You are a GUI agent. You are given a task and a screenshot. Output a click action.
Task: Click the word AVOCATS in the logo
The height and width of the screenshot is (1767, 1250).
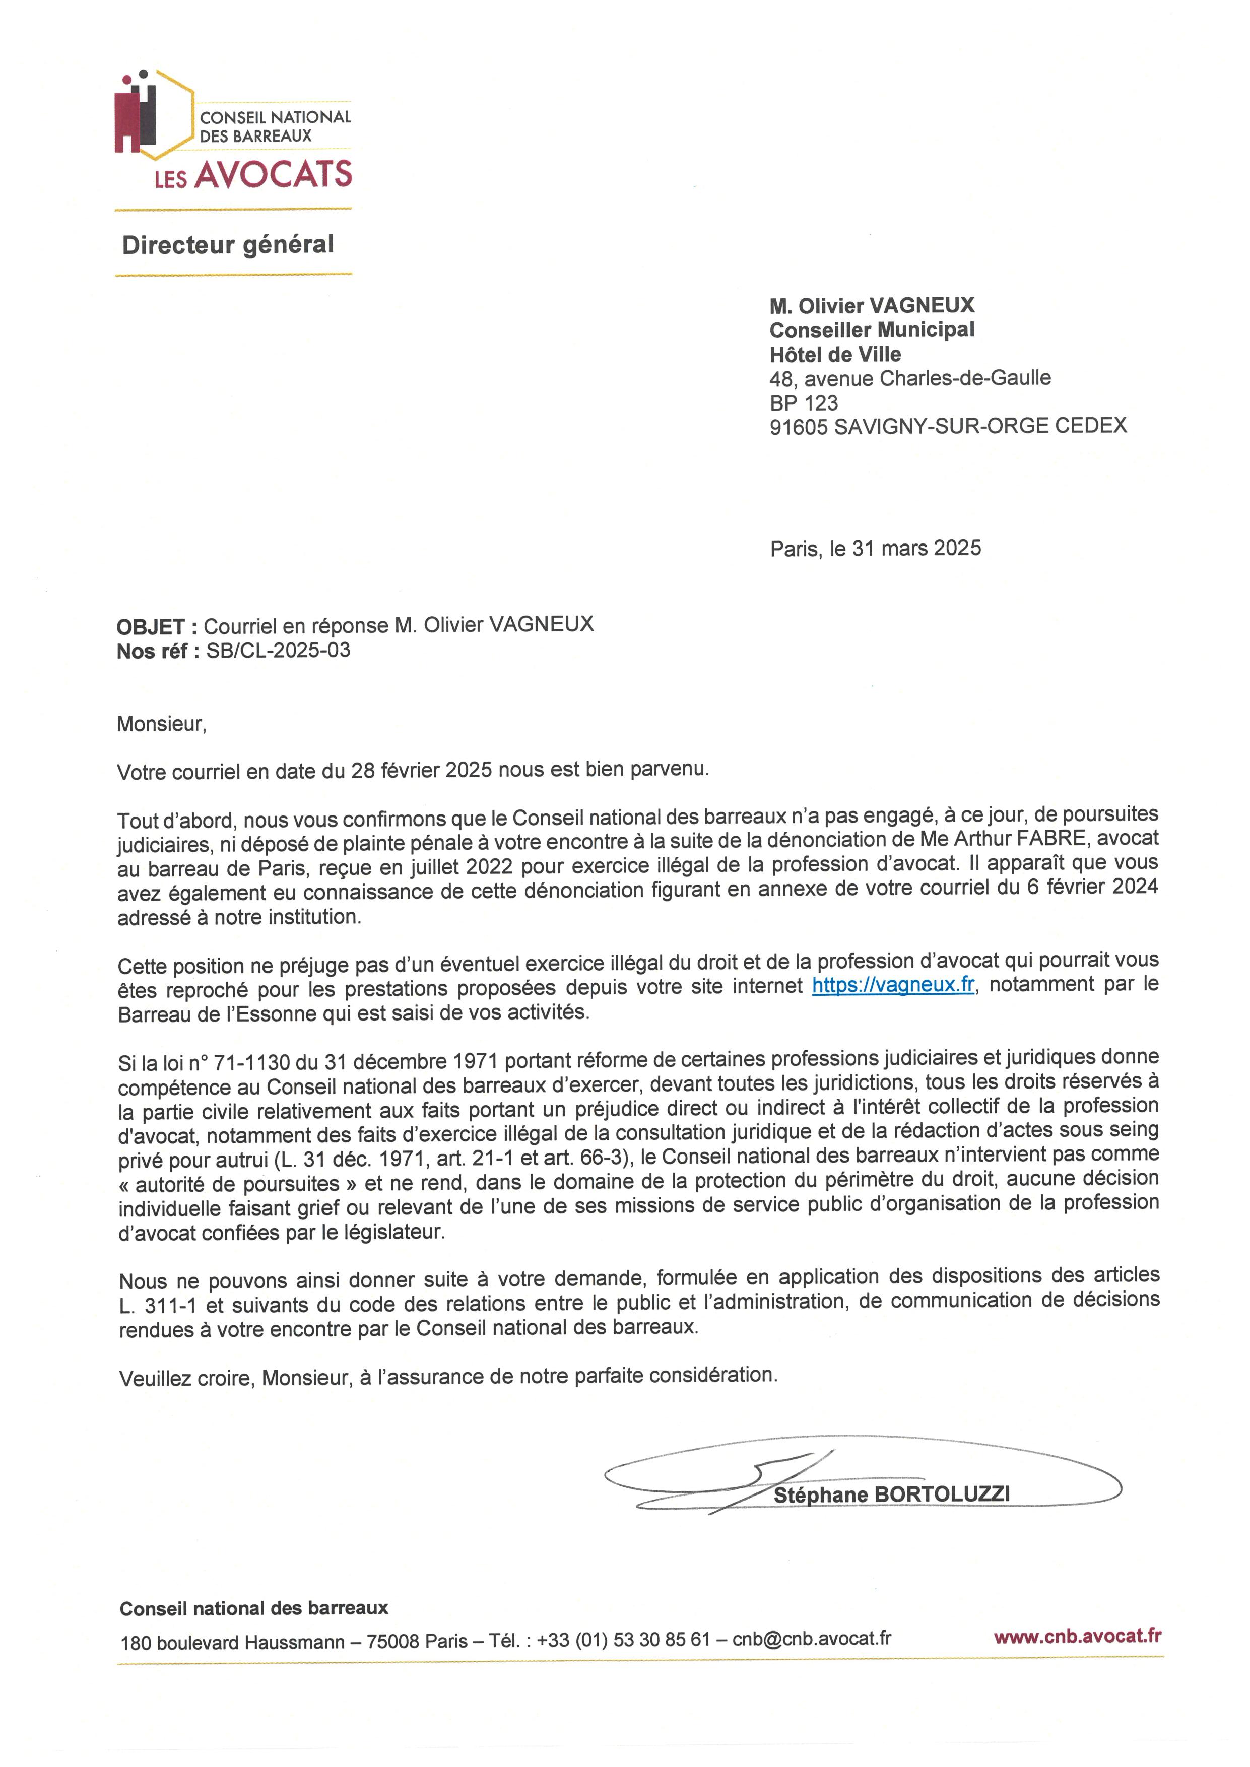point(273,175)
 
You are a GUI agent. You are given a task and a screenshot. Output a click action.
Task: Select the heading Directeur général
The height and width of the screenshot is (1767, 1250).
point(228,245)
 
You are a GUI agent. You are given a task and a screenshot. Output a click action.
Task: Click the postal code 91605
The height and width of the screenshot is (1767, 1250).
point(798,426)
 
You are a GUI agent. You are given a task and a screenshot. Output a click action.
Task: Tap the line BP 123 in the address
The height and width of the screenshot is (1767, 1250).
point(804,402)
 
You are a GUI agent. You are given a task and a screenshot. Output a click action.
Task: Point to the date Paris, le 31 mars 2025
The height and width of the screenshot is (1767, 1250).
point(875,548)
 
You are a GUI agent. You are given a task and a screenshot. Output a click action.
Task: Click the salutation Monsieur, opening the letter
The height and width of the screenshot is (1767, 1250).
point(162,724)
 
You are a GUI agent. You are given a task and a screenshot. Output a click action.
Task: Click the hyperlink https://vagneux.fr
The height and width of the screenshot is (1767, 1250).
point(893,986)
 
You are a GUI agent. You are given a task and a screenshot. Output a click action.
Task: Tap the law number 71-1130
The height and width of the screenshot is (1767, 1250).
point(252,1062)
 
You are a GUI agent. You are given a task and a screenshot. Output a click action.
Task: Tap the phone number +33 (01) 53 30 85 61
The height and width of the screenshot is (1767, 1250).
point(623,1640)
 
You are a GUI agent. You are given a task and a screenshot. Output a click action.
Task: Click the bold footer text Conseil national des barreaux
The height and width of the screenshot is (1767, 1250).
point(254,1608)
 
